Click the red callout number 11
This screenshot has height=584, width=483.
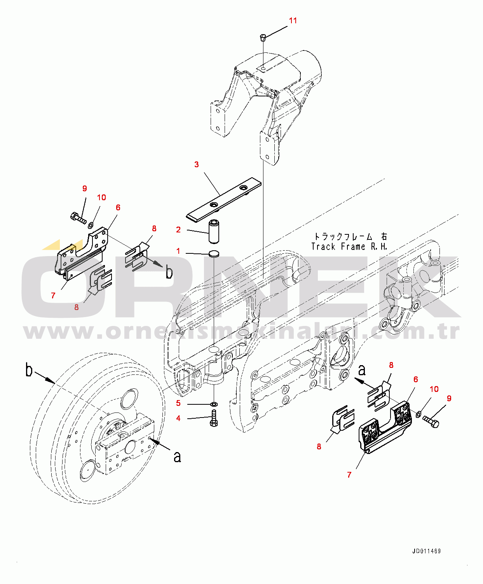[293, 21]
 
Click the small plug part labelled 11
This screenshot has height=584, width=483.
[263, 37]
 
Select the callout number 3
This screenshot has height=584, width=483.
[197, 165]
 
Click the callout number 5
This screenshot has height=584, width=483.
[178, 403]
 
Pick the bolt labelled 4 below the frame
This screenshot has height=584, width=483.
[214, 418]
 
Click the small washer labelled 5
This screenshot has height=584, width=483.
[214, 404]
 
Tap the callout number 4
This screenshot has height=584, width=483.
[178, 418]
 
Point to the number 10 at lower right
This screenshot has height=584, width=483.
[434, 389]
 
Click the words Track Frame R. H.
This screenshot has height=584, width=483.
[349, 247]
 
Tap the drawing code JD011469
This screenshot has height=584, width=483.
[426, 551]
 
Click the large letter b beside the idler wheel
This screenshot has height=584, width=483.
[29, 370]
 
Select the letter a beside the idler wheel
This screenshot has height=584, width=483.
[177, 457]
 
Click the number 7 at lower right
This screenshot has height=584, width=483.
[349, 475]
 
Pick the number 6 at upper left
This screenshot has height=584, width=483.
[118, 208]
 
